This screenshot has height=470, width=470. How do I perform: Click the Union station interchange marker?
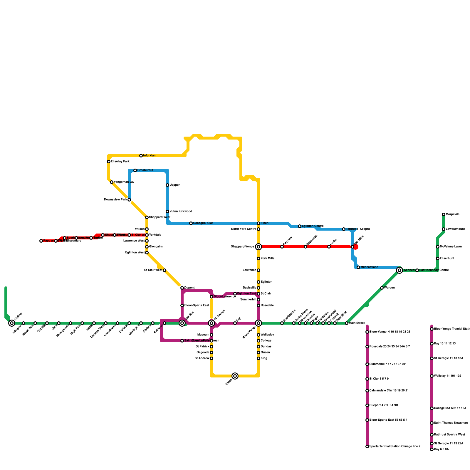[x=235, y=376]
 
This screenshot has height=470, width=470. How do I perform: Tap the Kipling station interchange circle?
[x=12, y=323]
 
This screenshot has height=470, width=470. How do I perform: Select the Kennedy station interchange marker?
[x=399, y=270]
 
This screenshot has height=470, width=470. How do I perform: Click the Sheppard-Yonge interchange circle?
[x=258, y=247]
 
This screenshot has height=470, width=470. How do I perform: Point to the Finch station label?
[x=265, y=223]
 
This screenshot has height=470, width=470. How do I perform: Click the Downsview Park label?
[x=116, y=200]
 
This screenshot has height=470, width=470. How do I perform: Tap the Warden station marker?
[x=382, y=288]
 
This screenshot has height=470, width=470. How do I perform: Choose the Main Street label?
[x=357, y=323]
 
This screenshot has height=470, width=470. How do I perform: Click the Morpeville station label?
[x=453, y=214]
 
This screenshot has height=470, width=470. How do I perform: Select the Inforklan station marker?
[x=141, y=156]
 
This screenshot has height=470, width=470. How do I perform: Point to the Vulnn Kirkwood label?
[x=181, y=211]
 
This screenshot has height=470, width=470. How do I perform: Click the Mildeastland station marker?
[x=358, y=267]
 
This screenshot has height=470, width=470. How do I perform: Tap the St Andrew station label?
[x=202, y=358]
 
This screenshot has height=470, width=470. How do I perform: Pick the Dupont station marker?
[x=182, y=288]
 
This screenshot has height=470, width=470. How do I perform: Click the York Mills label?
[x=268, y=258]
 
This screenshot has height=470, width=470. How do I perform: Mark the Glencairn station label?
[x=156, y=247]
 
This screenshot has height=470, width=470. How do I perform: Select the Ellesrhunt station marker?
[x=438, y=258]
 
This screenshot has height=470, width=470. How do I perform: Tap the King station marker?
[x=258, y=358]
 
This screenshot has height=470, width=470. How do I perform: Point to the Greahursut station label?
[x=145, y=170]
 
